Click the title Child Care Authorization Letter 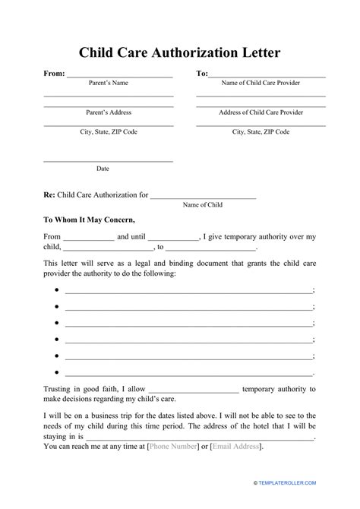pos(180,53)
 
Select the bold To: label pos(202,74)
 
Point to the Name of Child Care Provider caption pos(261,84)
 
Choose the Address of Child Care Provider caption pos(261,112)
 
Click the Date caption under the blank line pos(103,168)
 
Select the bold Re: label pos(50,194)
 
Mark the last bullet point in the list pos(57,373)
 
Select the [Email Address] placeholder pos(235,447)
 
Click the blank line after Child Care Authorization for pos(203,195)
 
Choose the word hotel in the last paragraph pos(236,426)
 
